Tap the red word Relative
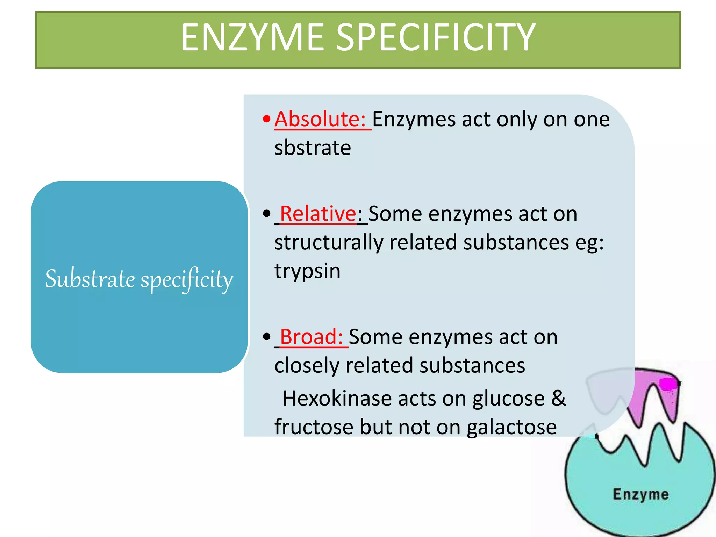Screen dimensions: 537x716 click(318, 214)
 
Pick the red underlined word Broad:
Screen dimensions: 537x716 click(311, 337)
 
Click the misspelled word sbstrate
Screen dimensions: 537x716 click(313, 148)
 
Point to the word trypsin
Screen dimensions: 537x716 click(307, 271)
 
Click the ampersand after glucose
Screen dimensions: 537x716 click(558, 398)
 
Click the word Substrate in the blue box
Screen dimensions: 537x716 click(90, 279)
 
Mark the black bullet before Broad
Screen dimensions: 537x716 click(266, 337)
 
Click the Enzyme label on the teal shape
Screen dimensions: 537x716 click(640, 494)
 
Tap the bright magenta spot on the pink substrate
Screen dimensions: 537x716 click(667, 384)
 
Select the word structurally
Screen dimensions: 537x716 click(329, 243)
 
